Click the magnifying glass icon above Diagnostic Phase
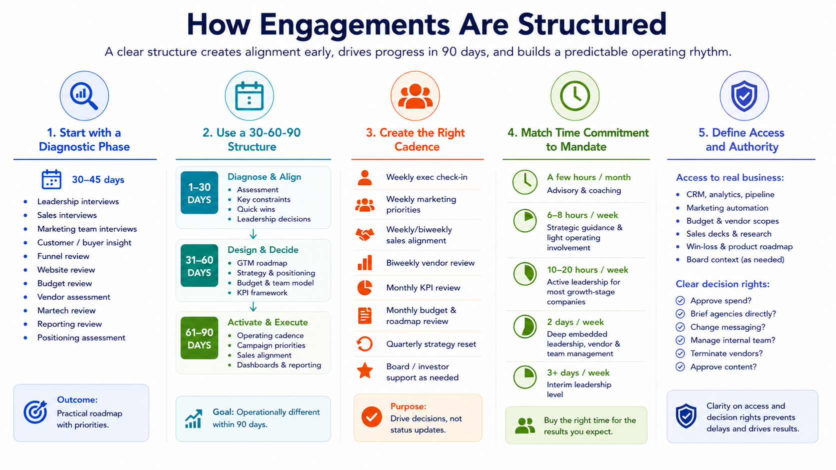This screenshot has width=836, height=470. (84, 96)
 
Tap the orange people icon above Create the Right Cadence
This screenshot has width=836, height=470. (415, 96)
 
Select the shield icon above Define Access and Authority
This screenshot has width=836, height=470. (744, 96)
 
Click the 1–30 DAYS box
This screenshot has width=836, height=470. (199, 193)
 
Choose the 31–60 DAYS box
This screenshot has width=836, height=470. (199, 265)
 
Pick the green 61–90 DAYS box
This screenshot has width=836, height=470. (199, 338)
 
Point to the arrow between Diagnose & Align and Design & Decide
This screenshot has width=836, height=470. (253, 234)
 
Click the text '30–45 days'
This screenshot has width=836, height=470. (98, 180)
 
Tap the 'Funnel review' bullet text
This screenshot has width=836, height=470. (63, 256)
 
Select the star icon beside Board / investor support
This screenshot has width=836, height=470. (364, 371)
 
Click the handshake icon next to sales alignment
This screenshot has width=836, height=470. (364, 234)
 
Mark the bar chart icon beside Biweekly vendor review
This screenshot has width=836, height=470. (364, 263)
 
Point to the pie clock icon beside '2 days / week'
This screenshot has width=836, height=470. (524, 327)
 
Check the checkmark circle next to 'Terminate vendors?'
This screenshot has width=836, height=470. (680, 353)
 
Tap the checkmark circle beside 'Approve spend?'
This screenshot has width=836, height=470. (680, 301)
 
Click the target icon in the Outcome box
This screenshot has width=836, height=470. (35, 412)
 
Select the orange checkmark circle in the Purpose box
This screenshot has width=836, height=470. (371, 417)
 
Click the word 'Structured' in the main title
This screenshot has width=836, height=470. (592, 24)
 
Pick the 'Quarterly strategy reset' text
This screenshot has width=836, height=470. (431, 344)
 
